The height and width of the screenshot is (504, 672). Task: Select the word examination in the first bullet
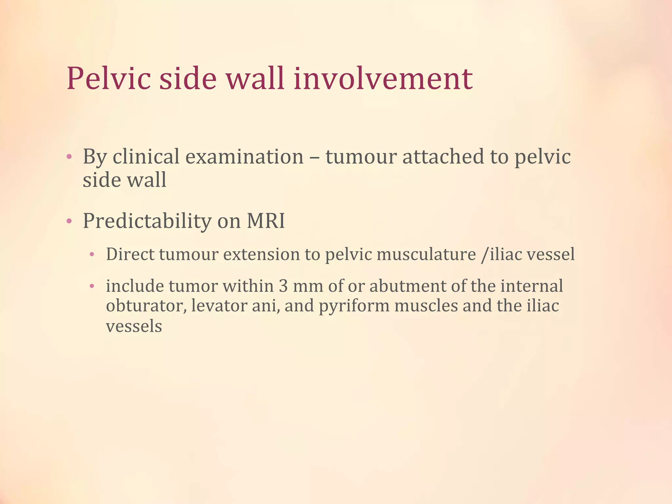(244, 157)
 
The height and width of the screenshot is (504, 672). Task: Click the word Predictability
(147, 221)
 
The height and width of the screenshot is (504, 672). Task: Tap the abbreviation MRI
(265, 221)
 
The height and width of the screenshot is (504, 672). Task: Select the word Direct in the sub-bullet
(130, 255)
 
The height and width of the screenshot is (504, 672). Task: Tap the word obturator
(146, 306)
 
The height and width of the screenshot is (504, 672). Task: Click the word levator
(218, 306)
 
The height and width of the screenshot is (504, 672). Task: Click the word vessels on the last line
(134, 326)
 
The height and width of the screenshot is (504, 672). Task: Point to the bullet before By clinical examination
(69, 157)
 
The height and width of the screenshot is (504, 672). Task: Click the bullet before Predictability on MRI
(69, 221)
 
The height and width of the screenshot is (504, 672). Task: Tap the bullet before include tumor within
(92, 286)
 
